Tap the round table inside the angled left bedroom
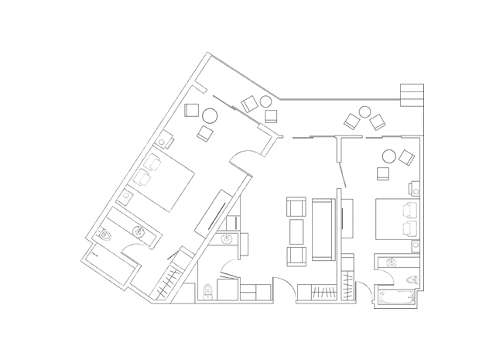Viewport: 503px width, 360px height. [209, 118]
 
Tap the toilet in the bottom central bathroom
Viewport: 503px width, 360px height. [207, 293]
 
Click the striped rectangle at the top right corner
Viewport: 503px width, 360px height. [412, 94]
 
